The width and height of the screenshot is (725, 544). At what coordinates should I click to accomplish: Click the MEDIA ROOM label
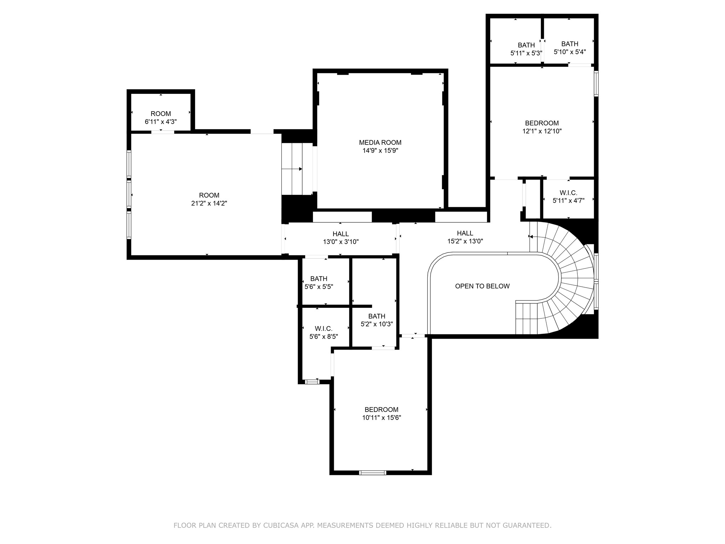pos(380,142)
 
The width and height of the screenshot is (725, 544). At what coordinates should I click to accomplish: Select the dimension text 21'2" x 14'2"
pos(209,203)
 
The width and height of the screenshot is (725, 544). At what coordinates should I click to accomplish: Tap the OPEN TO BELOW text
pos(482,286)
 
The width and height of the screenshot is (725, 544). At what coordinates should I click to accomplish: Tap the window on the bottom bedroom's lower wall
pos(372,472)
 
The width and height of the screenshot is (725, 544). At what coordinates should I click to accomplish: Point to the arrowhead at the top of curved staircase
pos(531,237)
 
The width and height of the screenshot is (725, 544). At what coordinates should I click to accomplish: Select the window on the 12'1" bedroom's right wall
pos(596,84)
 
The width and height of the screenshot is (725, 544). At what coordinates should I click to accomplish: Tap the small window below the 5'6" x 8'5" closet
pos(312,382)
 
